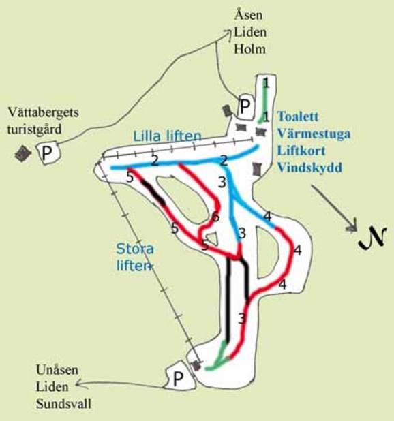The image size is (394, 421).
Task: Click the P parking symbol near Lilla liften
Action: coord(244,106)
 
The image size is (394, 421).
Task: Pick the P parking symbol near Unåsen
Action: coord(178,377)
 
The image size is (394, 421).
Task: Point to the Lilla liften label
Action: coord(167,136)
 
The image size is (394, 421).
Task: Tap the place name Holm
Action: coord(248,48)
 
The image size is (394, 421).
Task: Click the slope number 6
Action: coord(215,217)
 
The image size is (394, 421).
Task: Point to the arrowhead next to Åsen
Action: coord(227,31)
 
